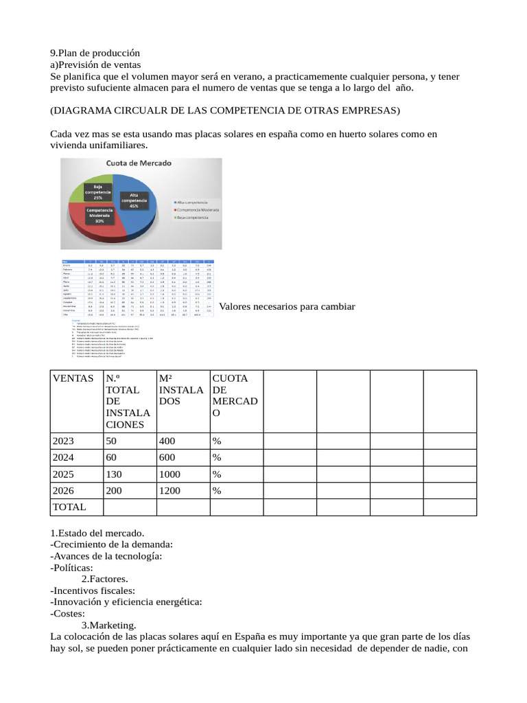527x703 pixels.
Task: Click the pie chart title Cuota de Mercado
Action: (x=138, y=163)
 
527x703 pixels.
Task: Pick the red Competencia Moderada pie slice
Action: (x=103, y=223)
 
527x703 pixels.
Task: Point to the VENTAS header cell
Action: (x=70, y=378)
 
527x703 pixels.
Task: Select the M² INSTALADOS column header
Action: (x=180, y=389)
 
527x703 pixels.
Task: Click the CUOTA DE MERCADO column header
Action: (x=235, y=395)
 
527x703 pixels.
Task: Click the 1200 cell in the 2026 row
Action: (x=170, y=490)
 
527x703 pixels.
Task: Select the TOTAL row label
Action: (x=69, y=507)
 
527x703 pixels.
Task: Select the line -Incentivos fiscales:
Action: (x=93, y=590)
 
